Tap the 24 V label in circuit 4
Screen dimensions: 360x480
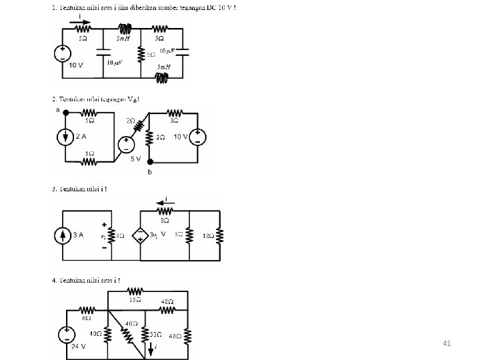click(x=79, y=346)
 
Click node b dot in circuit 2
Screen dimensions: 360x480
click(x=150, y=162)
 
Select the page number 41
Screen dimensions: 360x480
click(x=447, y=343)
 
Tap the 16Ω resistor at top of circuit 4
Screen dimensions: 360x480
click(x=135, y=291)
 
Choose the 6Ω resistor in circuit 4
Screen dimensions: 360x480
click(x=87, y=310)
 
